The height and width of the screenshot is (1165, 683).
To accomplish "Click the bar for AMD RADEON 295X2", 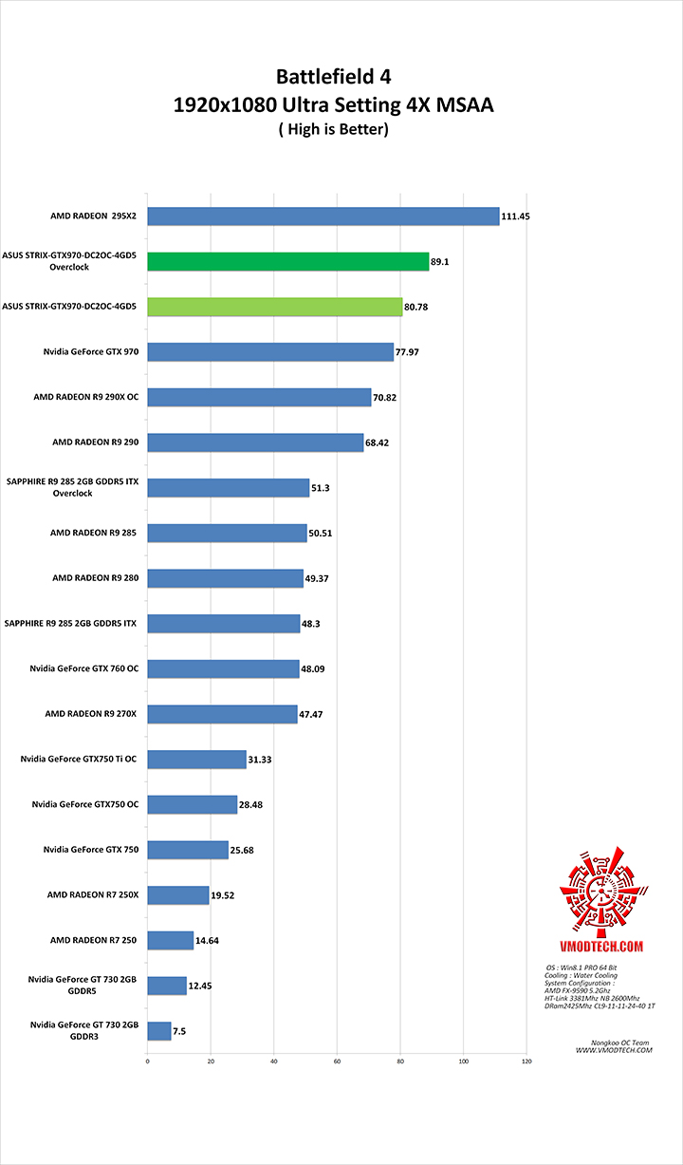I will pos(323,216).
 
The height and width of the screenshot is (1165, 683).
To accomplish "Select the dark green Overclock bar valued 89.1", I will pos(287,262).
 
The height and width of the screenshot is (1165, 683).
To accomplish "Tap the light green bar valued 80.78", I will pos(274,307).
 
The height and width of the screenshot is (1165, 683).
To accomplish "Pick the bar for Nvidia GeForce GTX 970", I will pos(269,352).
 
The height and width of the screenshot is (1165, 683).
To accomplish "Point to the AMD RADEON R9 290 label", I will pos(95,442).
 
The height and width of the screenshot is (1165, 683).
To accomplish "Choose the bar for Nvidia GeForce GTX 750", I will pos(188,850).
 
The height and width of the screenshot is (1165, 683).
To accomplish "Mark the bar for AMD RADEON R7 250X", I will pos(177,894).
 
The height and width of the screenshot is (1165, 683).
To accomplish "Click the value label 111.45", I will pos(516,216).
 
